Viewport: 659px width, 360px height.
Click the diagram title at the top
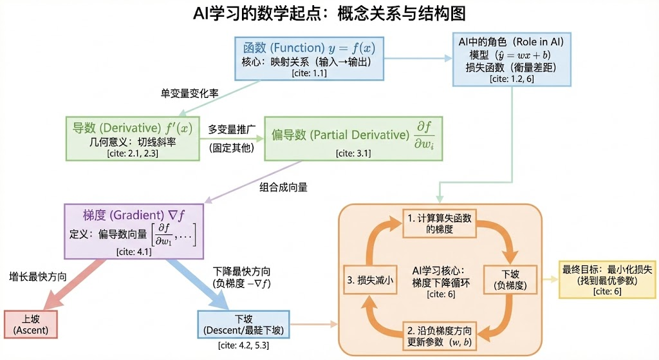[329, 14]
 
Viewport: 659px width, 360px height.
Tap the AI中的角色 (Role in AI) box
[511, 59]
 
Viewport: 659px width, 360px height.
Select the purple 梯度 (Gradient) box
[134, 231]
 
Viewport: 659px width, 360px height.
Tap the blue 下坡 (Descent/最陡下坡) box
[243, 325]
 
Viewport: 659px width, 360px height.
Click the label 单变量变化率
[189, 93]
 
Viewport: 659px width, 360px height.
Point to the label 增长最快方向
[38, 277]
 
